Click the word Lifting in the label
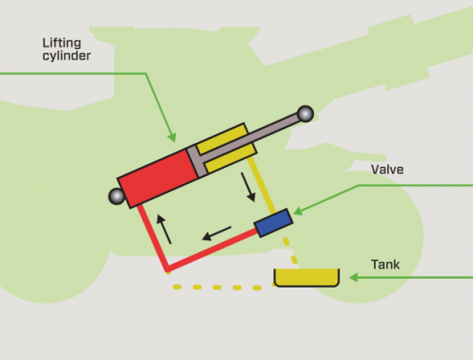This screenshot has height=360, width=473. point(62,43)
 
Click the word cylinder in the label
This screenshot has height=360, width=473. point(66,56)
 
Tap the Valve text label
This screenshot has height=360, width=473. point(387,170)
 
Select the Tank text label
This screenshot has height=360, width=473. point(386,264)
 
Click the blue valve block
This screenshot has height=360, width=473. point(273,223)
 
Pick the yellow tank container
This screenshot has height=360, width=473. point(307,277)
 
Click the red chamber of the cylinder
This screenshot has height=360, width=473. point(158,179)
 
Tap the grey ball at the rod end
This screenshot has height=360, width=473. point(305,113)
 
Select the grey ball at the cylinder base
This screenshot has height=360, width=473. point(116,197)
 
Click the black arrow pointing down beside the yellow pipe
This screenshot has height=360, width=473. point(248,187)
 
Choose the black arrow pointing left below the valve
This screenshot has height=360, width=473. point(216,233)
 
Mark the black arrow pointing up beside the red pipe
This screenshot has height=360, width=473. point(164,229)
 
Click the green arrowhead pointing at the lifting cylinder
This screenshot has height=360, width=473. point(172,138)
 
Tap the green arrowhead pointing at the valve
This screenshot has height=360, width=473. point(298,211)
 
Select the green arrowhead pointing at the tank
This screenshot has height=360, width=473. point(353,278)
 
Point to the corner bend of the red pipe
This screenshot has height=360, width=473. point(167,269)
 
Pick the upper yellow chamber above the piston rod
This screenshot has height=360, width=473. point(222,138)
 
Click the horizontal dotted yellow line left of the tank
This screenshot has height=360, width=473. point(217,287)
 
